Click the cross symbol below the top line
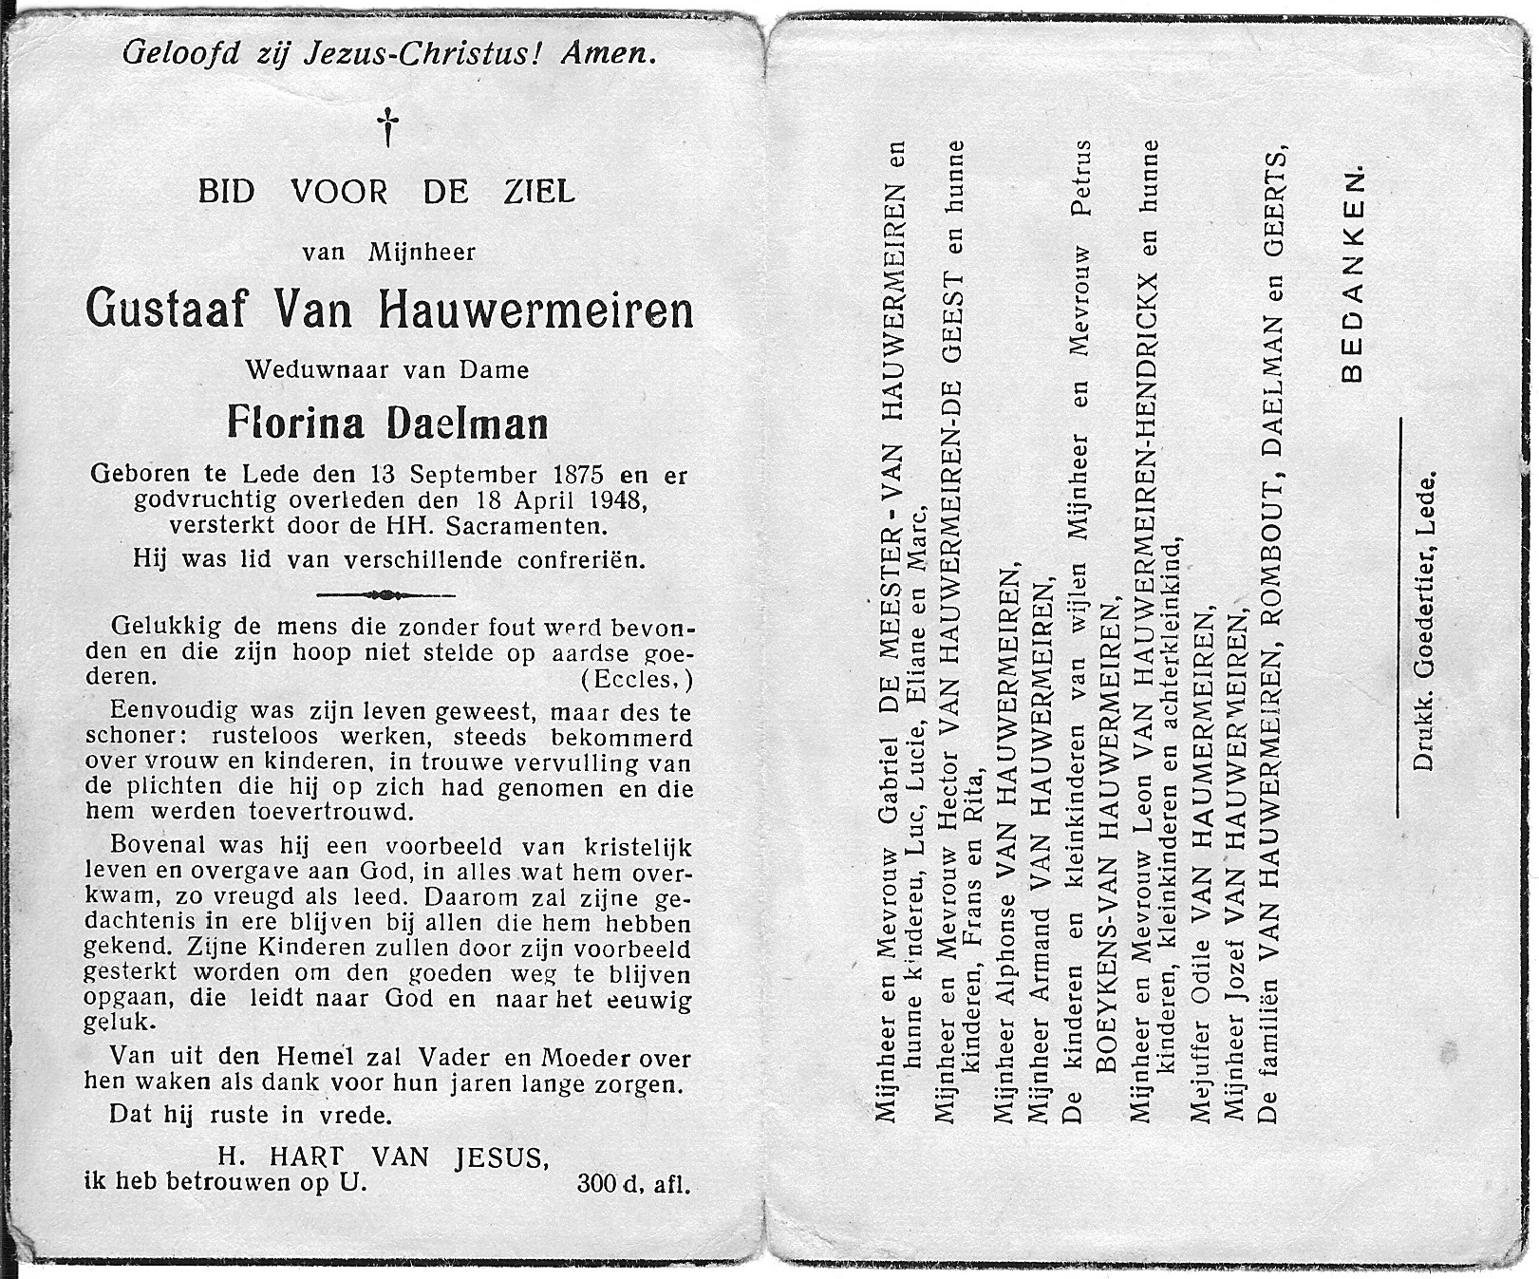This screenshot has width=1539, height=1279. pos(387,127)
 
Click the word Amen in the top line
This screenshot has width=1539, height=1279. pos(608,54)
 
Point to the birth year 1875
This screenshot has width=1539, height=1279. pos(574,474)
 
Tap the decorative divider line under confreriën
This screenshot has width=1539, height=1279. pos(385,595)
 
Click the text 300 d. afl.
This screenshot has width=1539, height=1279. pos(632,1184)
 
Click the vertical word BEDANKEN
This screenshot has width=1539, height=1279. pos(1353,275)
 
